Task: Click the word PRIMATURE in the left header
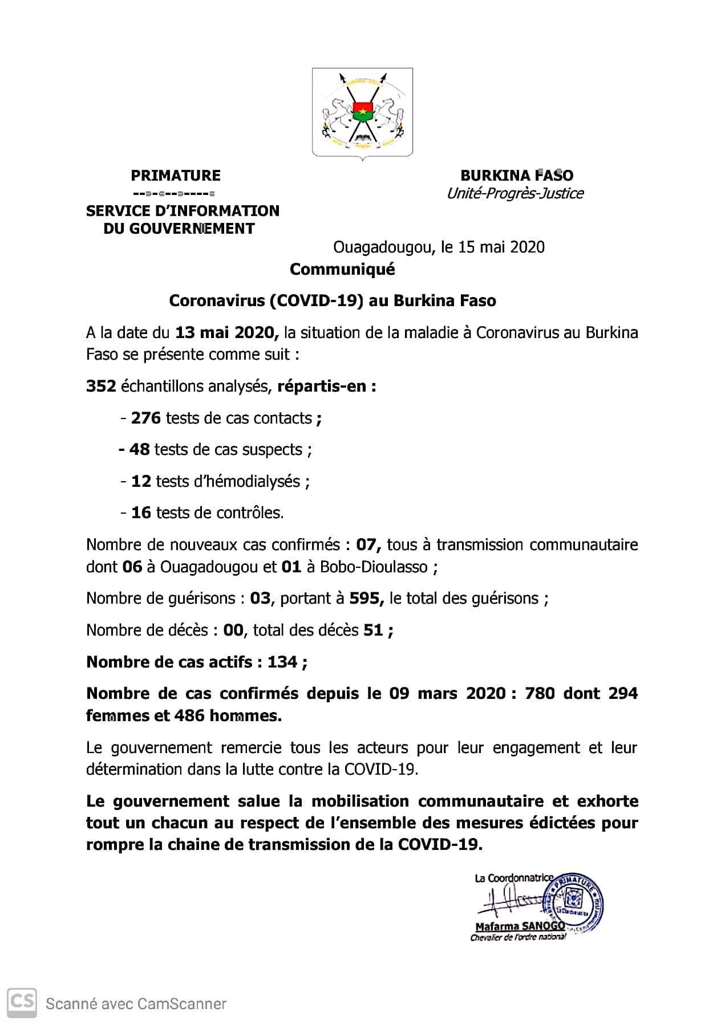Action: (x=176, y=175)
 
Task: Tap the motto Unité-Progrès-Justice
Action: (x=515, y=193)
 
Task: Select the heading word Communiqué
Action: (x=342, y=269)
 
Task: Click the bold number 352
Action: (x=101, y=387)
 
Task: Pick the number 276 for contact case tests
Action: (x=146, y=418)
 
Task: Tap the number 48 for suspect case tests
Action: (x=139, y=450)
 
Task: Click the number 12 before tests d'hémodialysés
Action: (x=141, y=482)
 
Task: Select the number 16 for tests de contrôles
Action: (x=141, y=513)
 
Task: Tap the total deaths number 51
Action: (x=373, y=631)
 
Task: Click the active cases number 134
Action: (x=282, y=662)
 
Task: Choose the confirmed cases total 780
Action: (x=539, y=694)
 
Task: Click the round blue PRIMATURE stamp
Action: (x=574, y=906)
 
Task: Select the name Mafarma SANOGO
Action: (x=520, y=926)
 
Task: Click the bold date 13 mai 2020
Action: (x=226, y=332)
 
